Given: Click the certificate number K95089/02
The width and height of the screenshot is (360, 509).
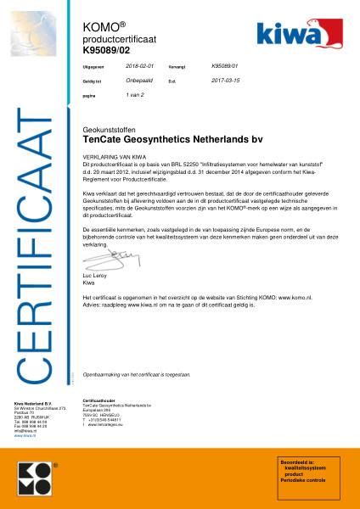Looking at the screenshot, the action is coord(105,51).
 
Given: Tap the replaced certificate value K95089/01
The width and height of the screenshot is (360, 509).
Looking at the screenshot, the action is coord(224,64).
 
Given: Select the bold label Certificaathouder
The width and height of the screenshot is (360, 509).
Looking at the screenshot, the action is coord(98,398).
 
